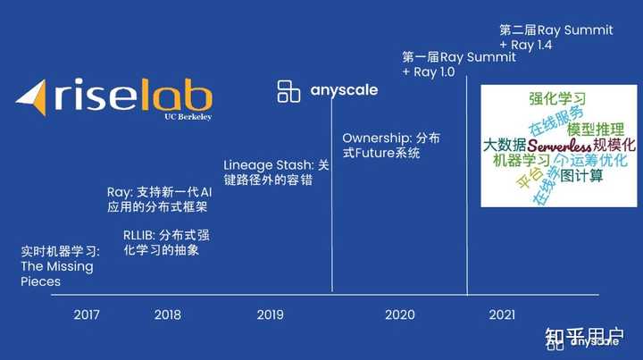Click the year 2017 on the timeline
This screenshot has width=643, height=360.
(87, 314)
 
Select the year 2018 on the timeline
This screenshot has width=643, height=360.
(167, 314)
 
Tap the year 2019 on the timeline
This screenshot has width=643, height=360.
(270, 314)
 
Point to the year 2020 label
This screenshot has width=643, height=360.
(399, 314)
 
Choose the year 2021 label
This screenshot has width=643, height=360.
(502, 314)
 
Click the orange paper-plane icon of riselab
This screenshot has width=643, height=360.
(33, 97)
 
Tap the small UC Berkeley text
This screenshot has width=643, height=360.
(188, 116)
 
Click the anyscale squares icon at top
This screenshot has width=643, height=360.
(288, 90)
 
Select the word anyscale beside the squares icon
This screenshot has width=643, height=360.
(344, 89)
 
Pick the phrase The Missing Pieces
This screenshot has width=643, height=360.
(56, 273)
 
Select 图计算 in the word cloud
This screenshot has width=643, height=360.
(581, 176)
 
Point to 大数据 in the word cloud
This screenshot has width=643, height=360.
(504, 144)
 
